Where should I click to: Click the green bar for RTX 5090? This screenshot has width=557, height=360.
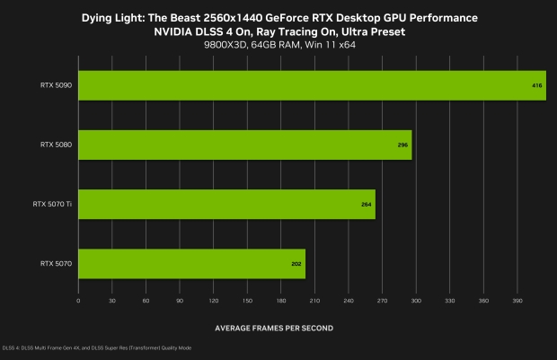[x=313, y=85]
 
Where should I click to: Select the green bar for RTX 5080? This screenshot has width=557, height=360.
[x=245, y=145]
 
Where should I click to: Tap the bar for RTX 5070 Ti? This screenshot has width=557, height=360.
[x=227, y=204]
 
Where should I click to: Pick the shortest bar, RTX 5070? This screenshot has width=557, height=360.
[x=192, y=264]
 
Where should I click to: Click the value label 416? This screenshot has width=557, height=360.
[x=537, y=85]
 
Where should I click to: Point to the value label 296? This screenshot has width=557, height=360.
[x=402, y=145]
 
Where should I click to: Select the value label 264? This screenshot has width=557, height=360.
[x=367, y=204]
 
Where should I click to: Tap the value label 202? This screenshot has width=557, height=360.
[x=296, y=264]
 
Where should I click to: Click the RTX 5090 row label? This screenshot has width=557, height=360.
[x=56, y=85]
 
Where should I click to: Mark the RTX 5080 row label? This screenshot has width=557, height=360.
[x=56, y=145]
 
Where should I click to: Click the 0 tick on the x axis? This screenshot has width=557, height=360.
[x=79, y=301]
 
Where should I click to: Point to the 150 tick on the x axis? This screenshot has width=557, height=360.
[x=247, y=301]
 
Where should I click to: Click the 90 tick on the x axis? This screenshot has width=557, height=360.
[x=180, y=301]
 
